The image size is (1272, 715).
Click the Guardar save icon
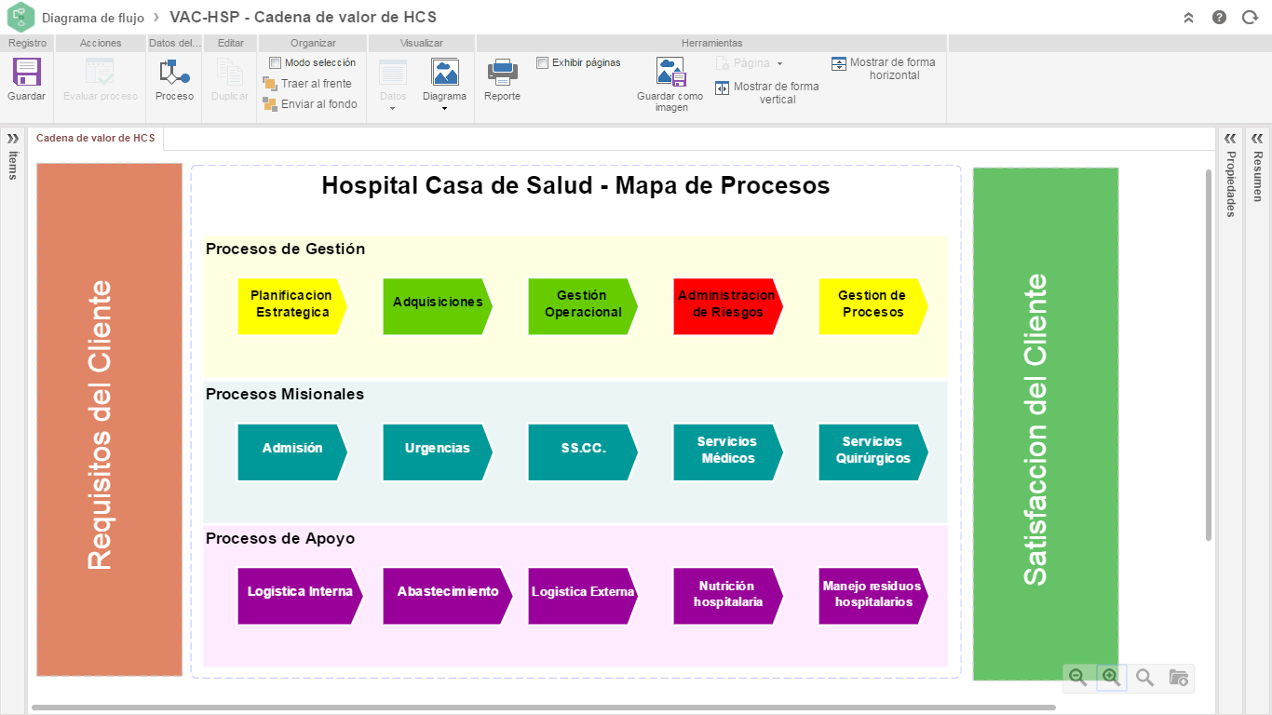point(26,73)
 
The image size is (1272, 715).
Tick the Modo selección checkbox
point(275,62)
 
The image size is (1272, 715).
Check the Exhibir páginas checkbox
point(542,62)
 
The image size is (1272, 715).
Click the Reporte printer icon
point(502,73)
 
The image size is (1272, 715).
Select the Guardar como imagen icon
point(670,72)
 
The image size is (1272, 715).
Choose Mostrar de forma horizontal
point(884,69)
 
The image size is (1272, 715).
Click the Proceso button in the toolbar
point(174,80)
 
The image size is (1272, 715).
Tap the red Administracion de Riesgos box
point(728,306)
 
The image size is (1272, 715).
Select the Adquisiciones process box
point(438,306)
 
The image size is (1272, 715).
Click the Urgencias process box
point(438,452)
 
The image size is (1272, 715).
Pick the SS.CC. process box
point(583,452)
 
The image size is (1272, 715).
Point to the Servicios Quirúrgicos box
point(873,452)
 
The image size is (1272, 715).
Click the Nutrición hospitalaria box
point(728,596)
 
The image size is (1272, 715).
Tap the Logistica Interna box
point(300,596)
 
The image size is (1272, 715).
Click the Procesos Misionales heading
point(285,394)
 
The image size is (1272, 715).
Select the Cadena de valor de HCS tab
point(95,138)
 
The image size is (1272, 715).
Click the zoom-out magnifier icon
point(1077,677)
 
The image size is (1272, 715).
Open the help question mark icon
point(1219,18)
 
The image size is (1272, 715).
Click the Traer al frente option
point(307,84)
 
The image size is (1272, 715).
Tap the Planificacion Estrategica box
point(291,306)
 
